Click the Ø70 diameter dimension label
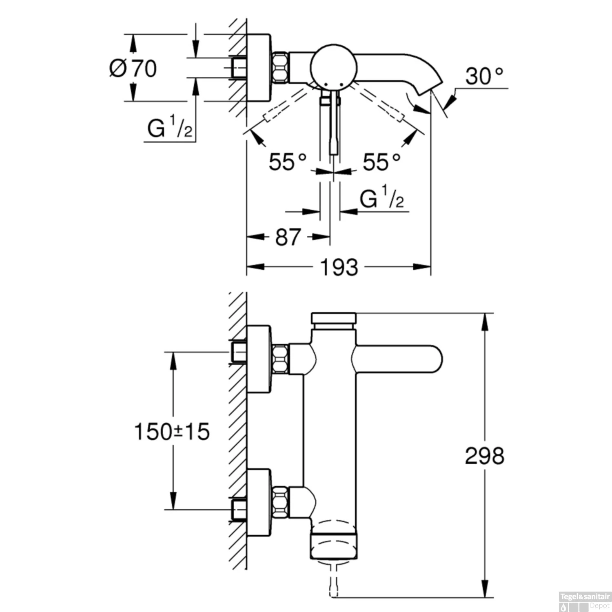click(x=133, y=68)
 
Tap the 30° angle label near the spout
click(x=484, y=76)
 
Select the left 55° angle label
click(x=287, y=162)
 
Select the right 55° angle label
click(x=382, y=162)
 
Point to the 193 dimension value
click(x=339, y=268)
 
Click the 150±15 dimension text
click(x=172, y=432)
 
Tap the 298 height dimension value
click(x=485, y=456)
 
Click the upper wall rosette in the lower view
click(x=259, y=359)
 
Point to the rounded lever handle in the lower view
click(x=398, y=359)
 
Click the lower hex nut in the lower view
click(x=280, y=501)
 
